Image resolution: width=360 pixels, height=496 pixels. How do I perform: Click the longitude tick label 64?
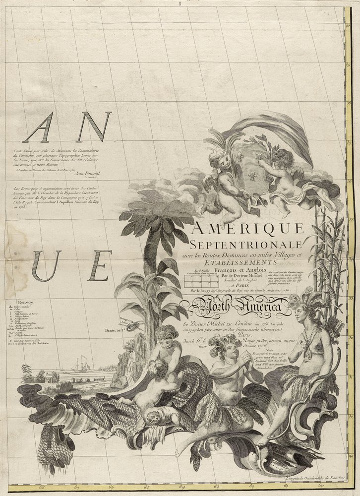click(182, 486)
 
